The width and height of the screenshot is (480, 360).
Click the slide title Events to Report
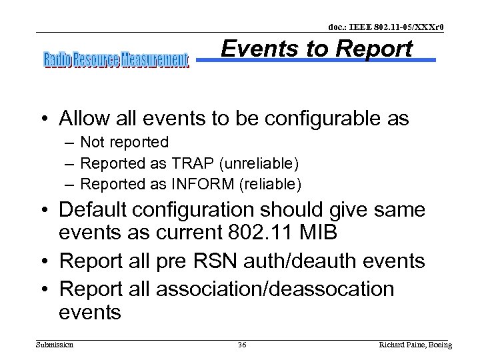point(317,49)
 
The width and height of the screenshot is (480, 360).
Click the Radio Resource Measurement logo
point(116,61)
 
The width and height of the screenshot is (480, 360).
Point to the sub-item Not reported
point(124,142)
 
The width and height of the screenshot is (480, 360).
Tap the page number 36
point(243,345)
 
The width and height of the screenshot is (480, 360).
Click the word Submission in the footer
point(55,345)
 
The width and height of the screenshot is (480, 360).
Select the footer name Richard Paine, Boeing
point(415,345)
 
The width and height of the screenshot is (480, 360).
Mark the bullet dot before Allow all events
point(47,119)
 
